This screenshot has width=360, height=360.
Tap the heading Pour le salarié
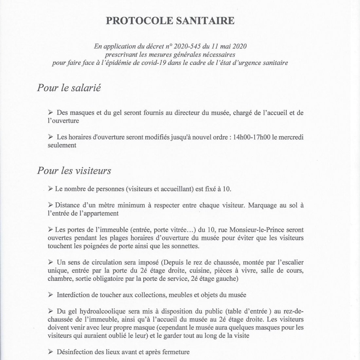point(68,88)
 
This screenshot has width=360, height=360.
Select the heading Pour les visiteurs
point(74,171)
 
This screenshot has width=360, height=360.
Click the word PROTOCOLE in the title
point(138,21)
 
